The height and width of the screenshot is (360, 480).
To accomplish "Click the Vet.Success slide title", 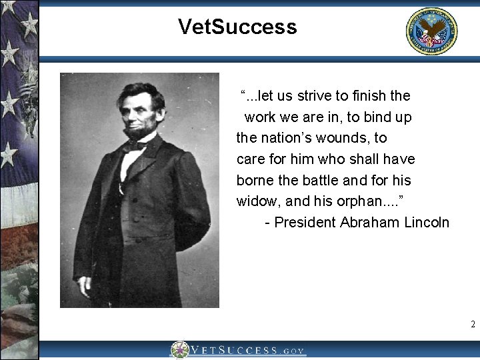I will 237,27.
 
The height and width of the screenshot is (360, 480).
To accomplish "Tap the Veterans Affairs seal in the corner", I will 432,31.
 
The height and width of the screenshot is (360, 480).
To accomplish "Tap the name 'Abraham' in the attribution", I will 369,222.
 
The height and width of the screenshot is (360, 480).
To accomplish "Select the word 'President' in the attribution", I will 305,222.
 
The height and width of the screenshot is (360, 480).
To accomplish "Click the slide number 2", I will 473,325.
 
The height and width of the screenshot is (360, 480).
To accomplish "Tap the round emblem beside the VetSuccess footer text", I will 179,350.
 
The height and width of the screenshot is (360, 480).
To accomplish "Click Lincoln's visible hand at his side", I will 84,285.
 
